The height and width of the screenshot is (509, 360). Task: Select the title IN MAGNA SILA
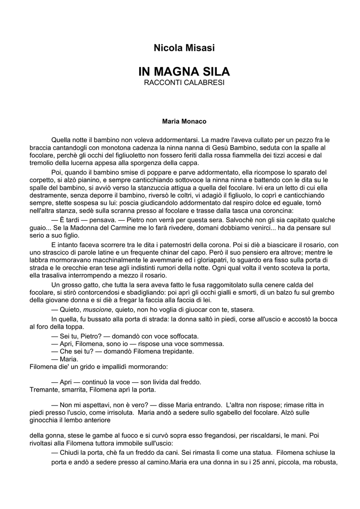point(180,72)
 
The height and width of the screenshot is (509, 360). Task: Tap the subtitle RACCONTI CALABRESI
point(180,82)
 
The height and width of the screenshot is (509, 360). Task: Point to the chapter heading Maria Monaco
point(180,121)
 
